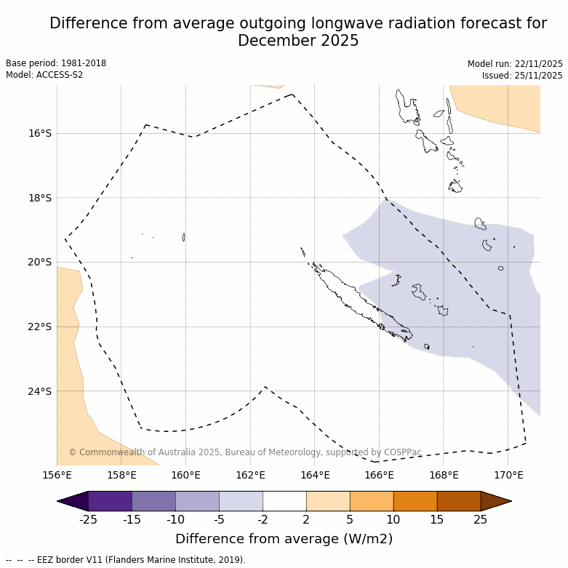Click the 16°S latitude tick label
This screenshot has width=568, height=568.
click(x=40, y=133)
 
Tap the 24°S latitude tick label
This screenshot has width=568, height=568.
click(x=40, y=391)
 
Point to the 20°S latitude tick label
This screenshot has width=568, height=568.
click(x=40, y=262)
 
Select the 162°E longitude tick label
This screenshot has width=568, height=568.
click(x=250, y=476)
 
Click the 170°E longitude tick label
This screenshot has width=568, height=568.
click(x=508, y=476)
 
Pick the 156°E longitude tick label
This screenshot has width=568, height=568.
click(x=57, y=476)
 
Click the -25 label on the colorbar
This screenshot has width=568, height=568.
click(x=89, y=519)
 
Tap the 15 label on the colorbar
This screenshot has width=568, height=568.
click(x=437, y=519)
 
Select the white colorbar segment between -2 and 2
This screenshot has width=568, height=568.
click(x=284, y=501)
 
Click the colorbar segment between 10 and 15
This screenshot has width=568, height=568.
click(x=415, y=501)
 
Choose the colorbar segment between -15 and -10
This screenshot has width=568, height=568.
click(x=154, y=501)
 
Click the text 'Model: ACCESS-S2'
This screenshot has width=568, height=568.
click(x=44, y=75)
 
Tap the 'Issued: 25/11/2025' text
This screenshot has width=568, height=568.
click(x=522, y=76)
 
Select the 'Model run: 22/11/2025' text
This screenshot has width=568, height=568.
click(x=515, y=64)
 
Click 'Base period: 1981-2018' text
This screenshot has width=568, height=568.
click(x=56, y=63)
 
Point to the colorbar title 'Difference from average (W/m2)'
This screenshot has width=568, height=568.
click(x=284, y=539)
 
